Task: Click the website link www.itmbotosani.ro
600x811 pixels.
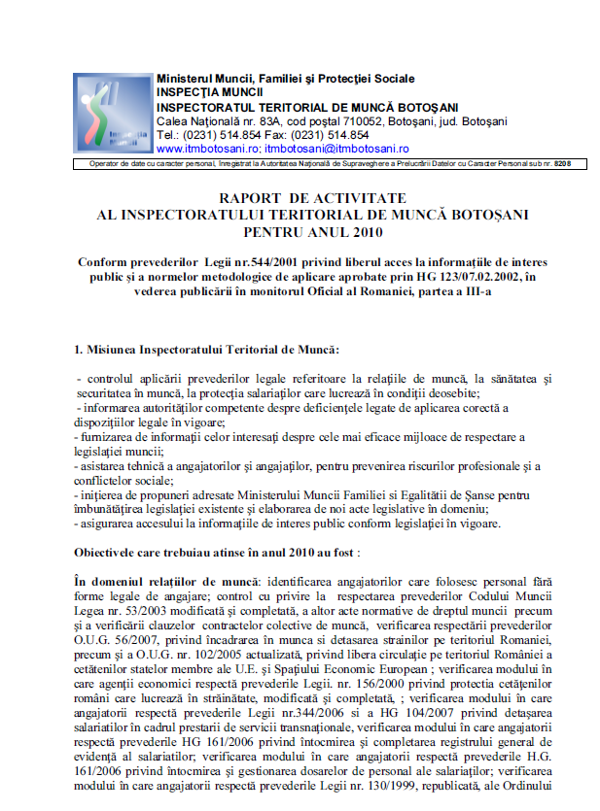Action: pyautogui.click(x=207, y=150)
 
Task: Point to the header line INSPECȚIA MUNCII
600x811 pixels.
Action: pyautogui.click(x=203, y=92)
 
